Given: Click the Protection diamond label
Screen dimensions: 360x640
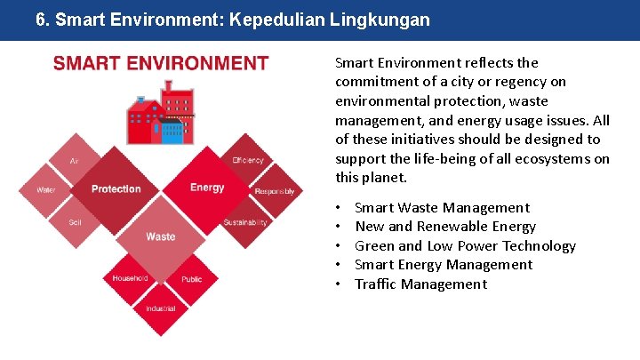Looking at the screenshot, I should [116, 188].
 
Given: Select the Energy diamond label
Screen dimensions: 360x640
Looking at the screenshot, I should [207, 188].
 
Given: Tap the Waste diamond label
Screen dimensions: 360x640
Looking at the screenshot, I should [161, 236].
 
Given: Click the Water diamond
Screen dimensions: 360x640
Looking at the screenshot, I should [46, 190].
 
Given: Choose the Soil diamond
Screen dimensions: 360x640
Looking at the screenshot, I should [75, 221].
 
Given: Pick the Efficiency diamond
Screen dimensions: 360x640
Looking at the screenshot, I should [248, 161].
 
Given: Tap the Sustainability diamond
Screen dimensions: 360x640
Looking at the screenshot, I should [245, 222].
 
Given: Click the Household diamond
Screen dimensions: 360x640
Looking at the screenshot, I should [130, 278].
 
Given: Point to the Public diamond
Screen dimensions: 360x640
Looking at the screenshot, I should [191, 279].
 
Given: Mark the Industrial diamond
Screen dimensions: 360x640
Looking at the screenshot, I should [160, 308].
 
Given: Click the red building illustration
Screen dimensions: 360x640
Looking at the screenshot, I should [161, 114].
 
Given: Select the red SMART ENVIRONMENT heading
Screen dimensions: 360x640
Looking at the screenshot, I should [161, 63].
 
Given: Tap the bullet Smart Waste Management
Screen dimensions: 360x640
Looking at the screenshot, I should [442, 208].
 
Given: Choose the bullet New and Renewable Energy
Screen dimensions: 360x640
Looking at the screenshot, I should [445, 227].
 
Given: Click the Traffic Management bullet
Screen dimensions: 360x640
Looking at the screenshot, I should [420, 284].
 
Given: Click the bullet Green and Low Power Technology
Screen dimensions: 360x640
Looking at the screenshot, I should [465, 246].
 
